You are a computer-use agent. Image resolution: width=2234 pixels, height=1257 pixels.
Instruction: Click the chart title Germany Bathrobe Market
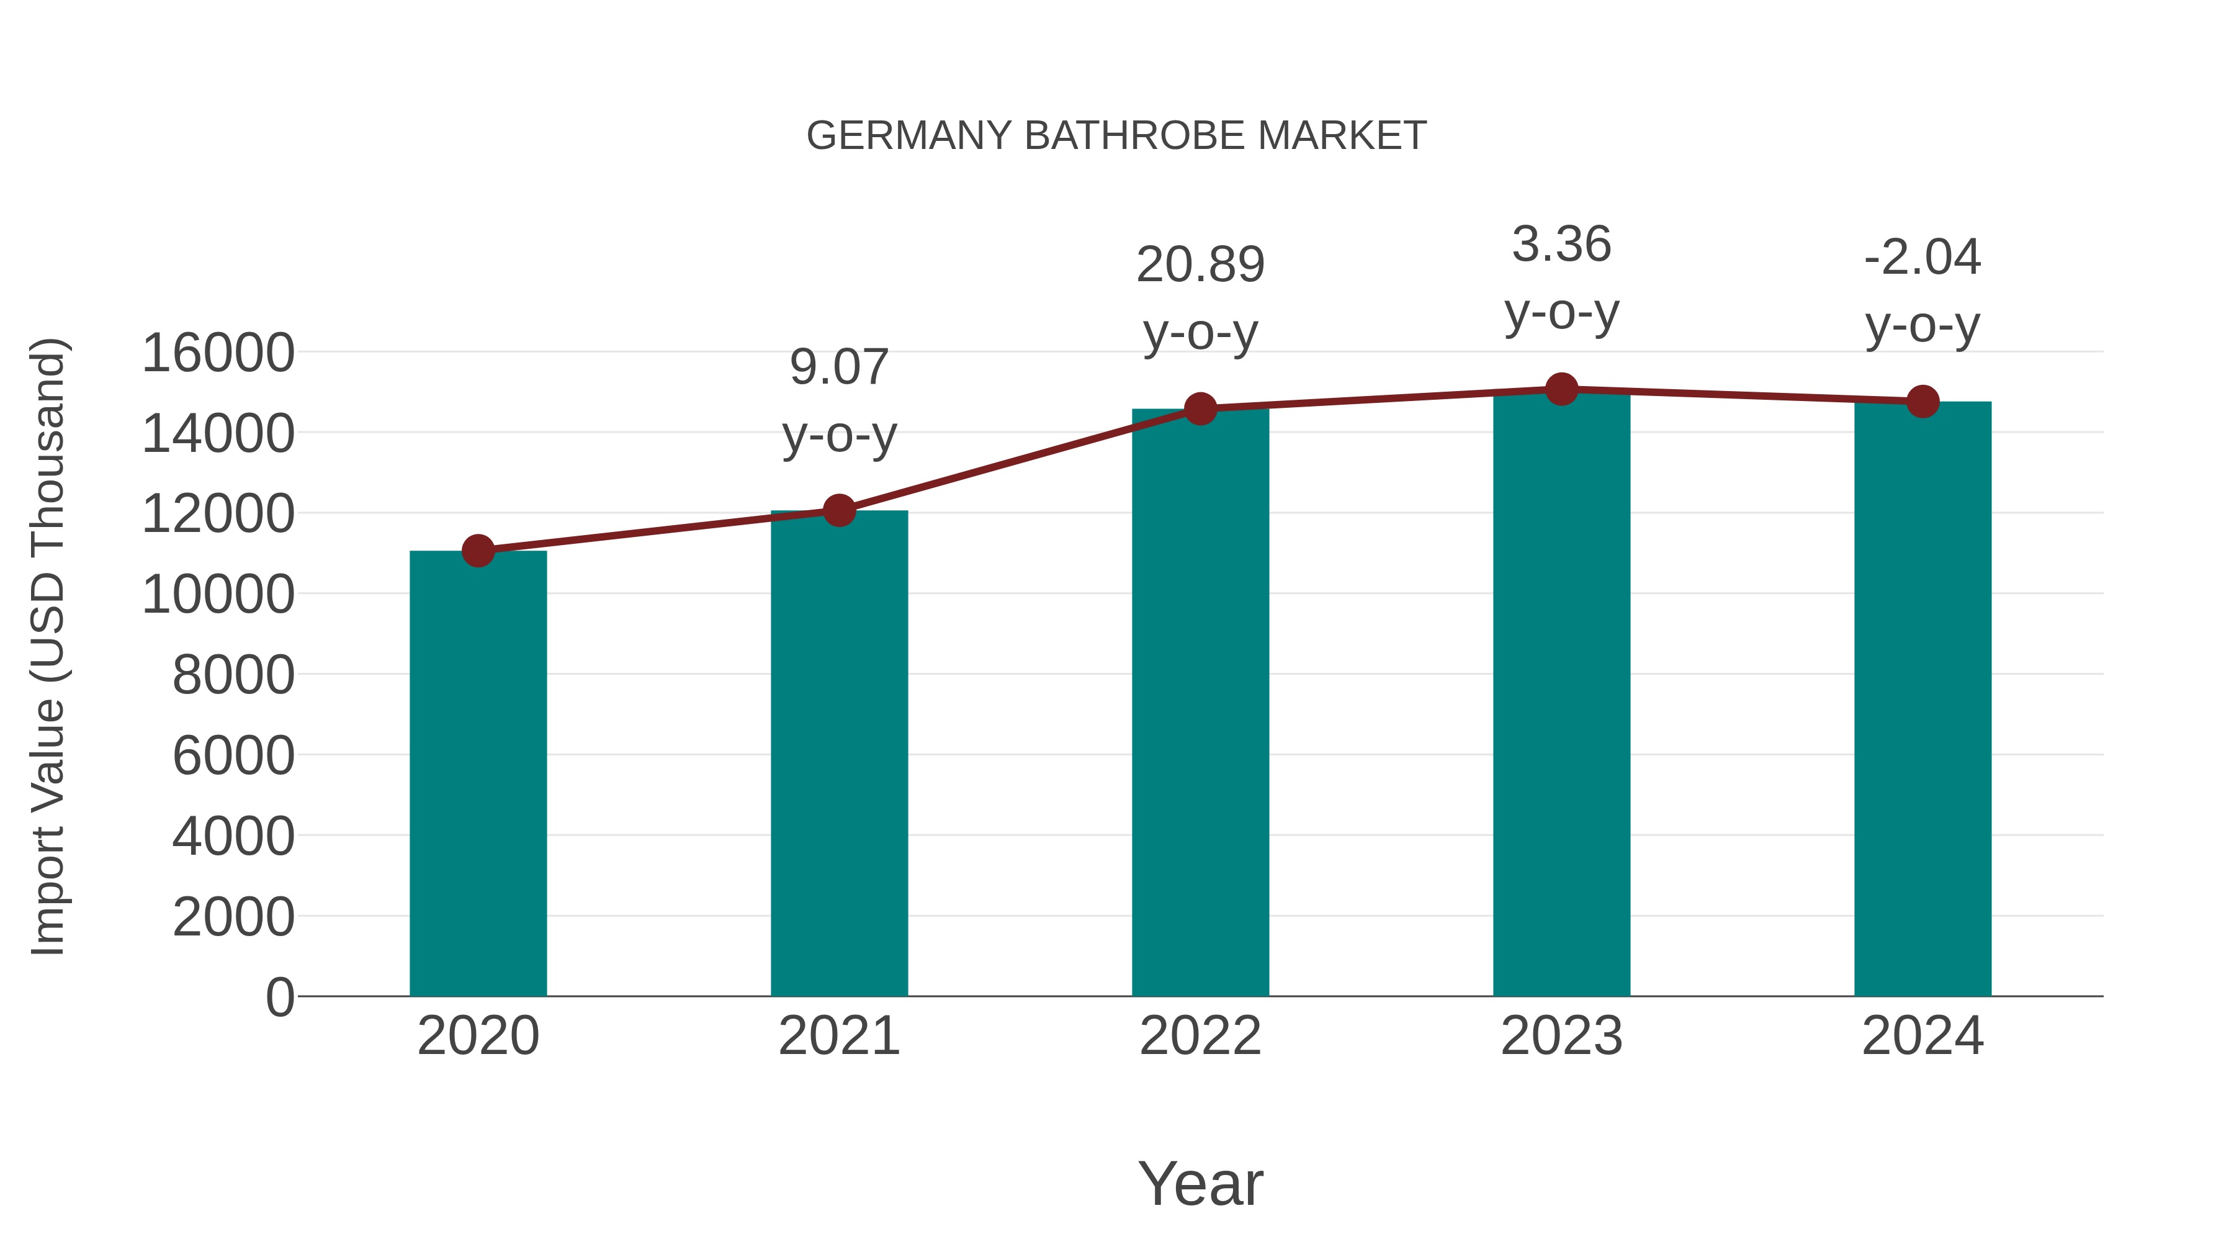point(1116,136)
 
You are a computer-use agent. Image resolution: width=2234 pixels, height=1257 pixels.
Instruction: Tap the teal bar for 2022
point(1200,703)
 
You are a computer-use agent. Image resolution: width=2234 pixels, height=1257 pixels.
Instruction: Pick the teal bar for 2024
point(1922,698)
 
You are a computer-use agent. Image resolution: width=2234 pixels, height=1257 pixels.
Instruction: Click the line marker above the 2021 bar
point(838,511)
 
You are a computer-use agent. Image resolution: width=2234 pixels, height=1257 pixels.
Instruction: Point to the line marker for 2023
point(1561,389)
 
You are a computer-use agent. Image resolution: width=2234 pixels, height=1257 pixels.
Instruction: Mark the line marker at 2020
point(478,550)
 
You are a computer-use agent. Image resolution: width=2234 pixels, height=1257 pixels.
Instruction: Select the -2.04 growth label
point(1922,258)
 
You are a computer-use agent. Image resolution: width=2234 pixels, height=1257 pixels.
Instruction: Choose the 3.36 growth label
point(1561,245)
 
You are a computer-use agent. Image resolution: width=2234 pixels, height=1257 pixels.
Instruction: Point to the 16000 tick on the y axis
point(218,353)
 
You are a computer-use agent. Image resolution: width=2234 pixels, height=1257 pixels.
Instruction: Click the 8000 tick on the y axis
point(233,675)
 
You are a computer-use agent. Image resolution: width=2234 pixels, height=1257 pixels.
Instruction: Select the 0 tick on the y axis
point(280,997)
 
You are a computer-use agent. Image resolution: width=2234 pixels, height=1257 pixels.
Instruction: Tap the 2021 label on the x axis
point(838,1036)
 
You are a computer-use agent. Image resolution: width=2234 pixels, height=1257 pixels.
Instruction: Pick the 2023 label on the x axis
point(1561,1036)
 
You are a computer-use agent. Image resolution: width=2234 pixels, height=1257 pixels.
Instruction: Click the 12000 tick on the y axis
point(218,513)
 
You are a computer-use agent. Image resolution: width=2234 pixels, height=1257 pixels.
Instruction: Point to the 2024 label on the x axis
point(1922,1036)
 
